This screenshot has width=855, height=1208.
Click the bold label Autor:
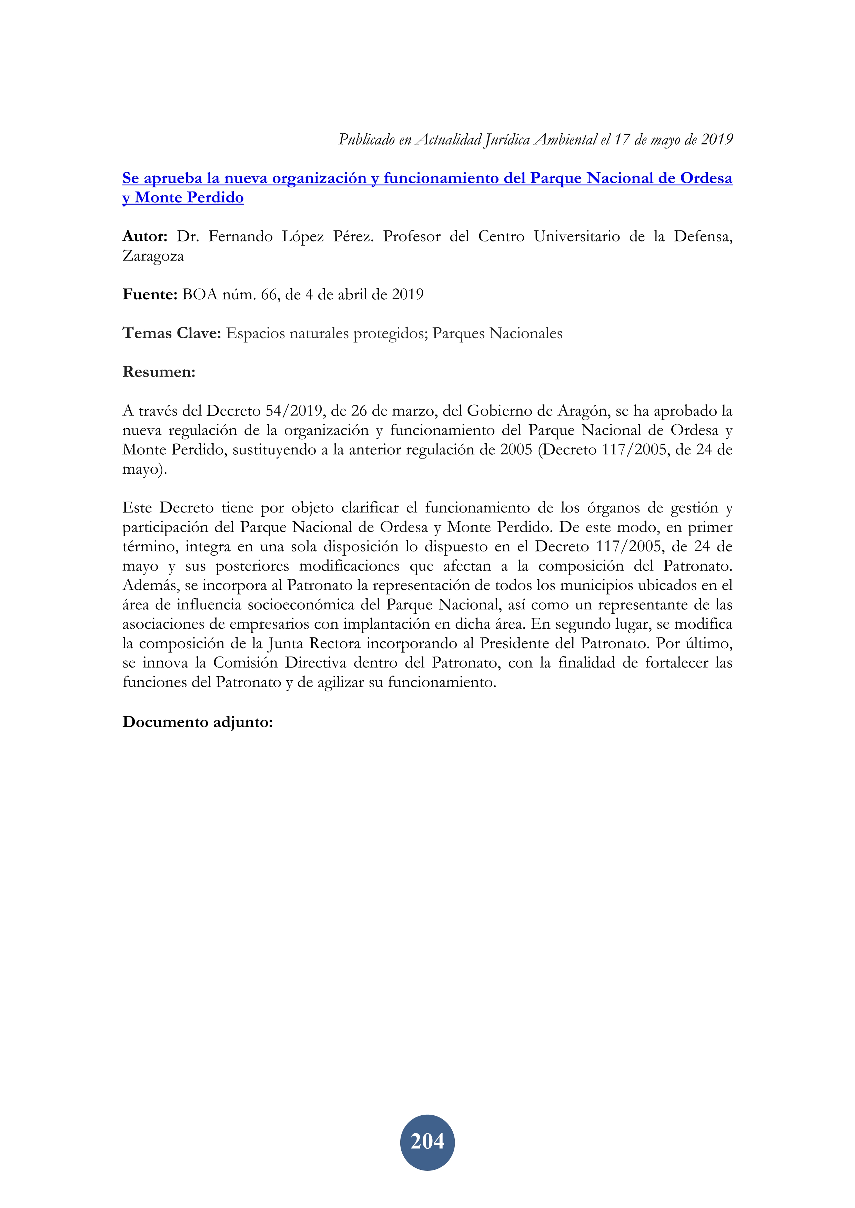tap(145, 236)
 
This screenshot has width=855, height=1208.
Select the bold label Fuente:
tap(150, 294)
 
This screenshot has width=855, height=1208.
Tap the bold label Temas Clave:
tap(172, 333)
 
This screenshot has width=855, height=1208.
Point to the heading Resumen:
tap(159, 372)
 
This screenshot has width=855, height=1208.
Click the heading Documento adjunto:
tap(198, 722)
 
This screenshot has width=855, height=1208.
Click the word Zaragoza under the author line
tap(153, 256)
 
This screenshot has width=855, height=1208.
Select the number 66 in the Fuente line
tap(269, 294)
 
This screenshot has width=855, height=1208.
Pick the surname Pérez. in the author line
tap(353, 236)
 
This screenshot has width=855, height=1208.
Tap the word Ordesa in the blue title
tap(706, 178)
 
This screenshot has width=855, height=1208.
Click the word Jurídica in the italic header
tap(507, 140)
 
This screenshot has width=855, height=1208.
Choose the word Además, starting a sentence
tap(151, 585)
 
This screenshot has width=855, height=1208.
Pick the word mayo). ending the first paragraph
tap(144, 469)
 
